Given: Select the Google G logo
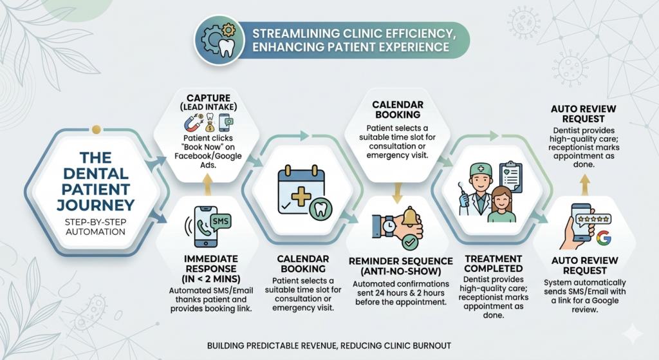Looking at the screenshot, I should [603, 239].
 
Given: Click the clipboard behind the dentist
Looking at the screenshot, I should [510, 176].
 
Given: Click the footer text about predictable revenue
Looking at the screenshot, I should [329, 346].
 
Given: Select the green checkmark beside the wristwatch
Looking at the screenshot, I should [409, 243].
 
